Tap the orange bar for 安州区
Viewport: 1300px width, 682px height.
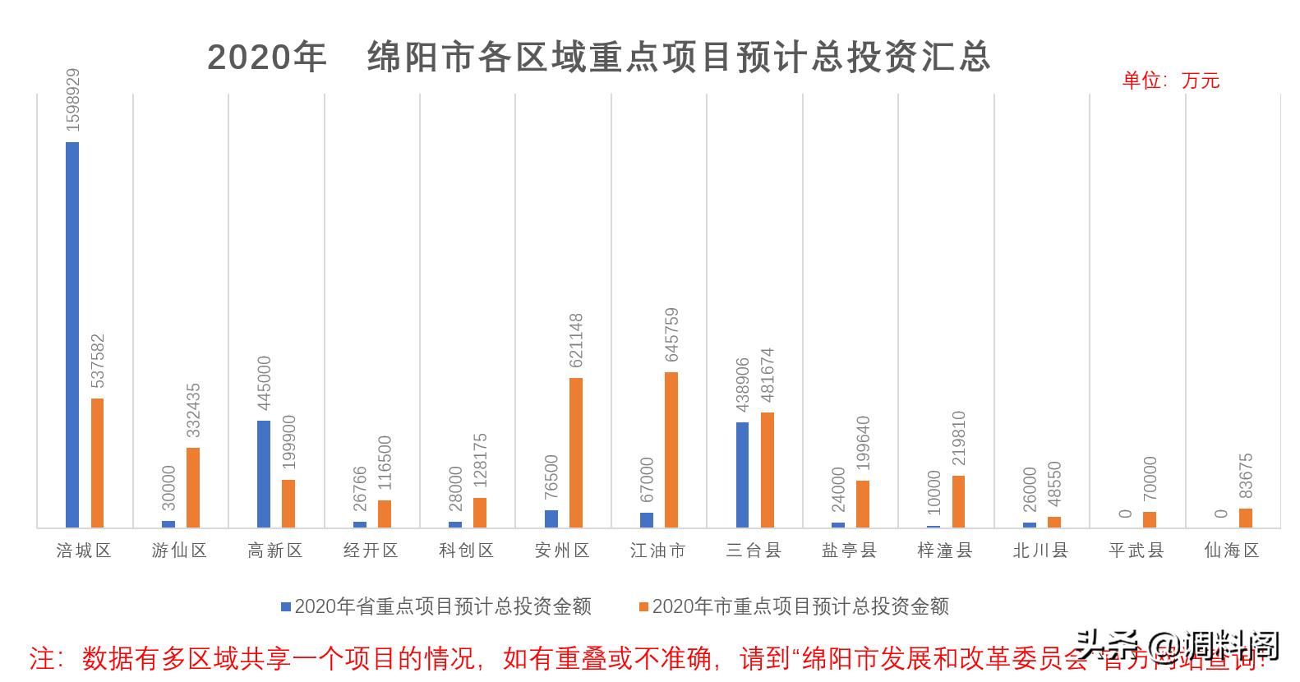[575, 453]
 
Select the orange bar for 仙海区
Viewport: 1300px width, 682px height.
[1246, 518]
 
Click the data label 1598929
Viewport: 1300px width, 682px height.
[73, 100]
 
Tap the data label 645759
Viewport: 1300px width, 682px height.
[672, 334]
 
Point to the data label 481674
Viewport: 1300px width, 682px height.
[768, 376]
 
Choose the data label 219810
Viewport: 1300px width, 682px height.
[959, 439]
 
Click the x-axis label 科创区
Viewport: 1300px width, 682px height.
[466, 551]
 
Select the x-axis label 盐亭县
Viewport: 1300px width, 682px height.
[849, 551]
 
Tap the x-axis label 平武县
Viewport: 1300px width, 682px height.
[1136, 551]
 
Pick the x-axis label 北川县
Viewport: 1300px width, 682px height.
[1040, 551]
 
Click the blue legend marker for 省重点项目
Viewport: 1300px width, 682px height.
[286, 606]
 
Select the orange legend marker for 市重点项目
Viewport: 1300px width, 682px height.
[643, 606]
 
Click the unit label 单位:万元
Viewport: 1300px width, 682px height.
[1170, 81]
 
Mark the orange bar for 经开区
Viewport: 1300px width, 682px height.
[385, 514]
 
